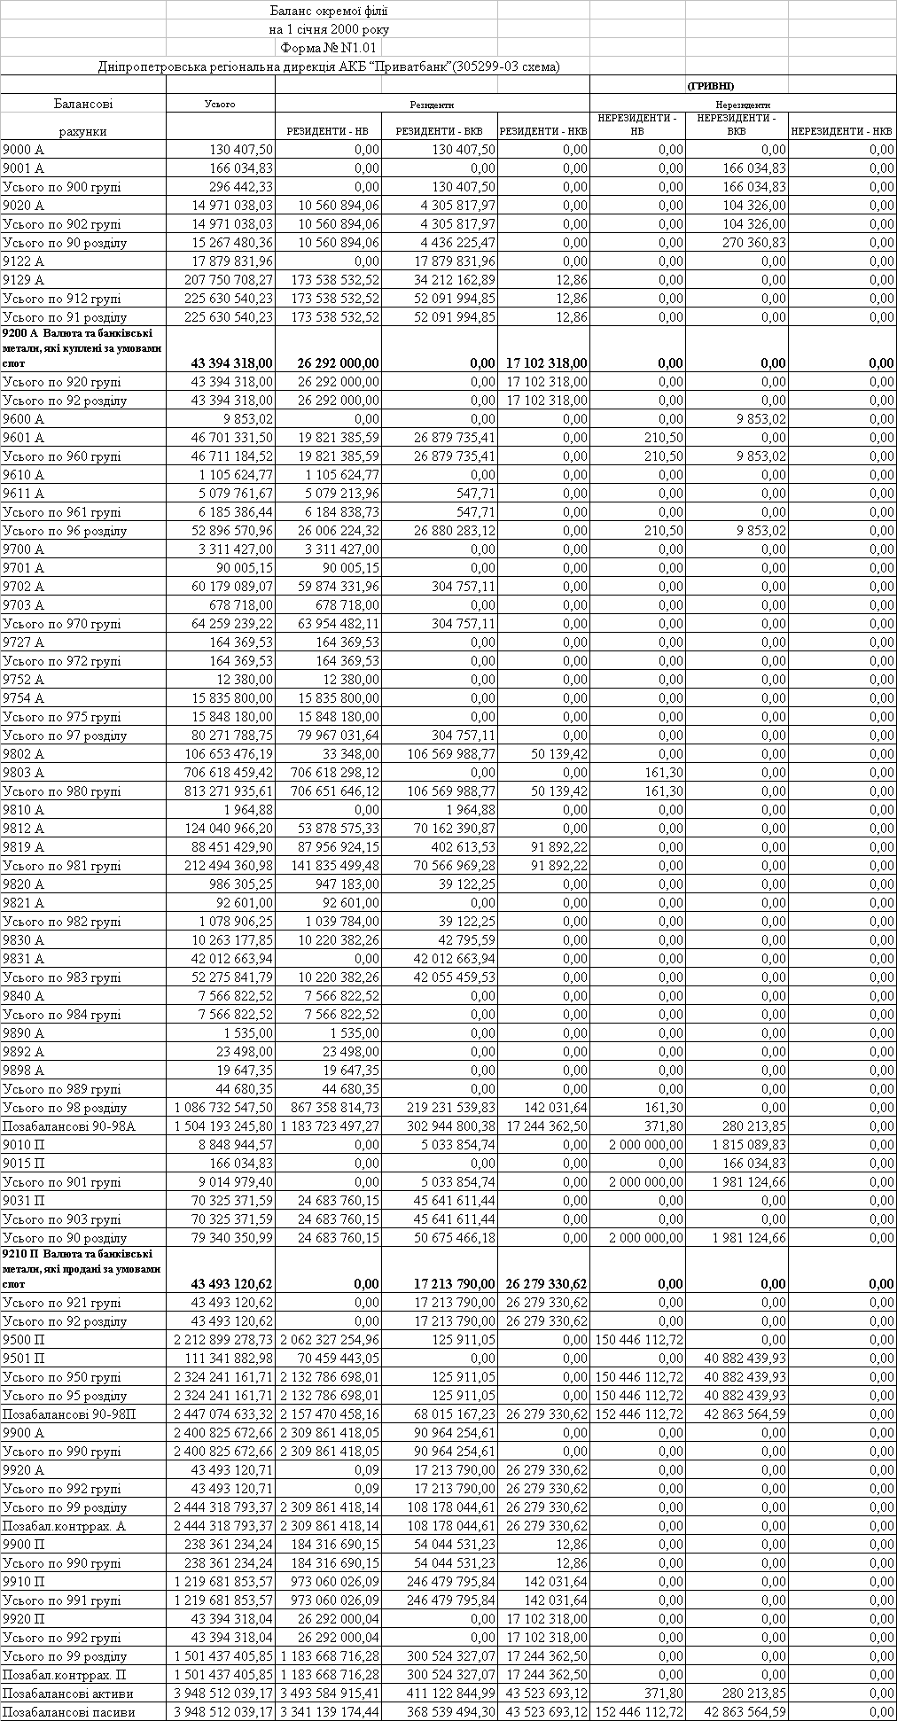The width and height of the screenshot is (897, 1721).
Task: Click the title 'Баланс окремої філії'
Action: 328,11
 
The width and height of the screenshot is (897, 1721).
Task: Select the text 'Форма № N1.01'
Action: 328,48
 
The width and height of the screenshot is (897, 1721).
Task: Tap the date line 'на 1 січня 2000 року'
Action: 328,29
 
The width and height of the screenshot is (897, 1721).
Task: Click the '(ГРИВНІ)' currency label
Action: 710,86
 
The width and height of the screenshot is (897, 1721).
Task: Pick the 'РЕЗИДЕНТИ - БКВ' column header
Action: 439,131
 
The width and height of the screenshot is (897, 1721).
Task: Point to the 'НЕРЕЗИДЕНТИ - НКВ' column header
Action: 841,131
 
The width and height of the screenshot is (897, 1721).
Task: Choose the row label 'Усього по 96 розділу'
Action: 65,531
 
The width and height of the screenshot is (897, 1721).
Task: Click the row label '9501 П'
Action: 24,1359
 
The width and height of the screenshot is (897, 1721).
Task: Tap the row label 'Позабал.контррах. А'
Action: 64,1526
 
